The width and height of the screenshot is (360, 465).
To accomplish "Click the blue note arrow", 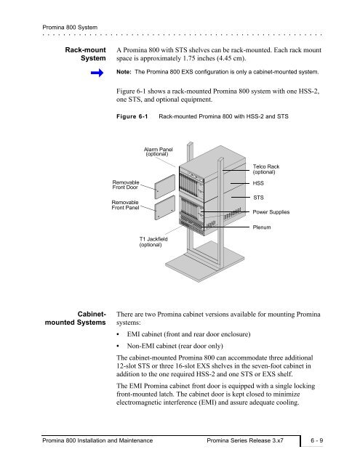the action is coord(97,73).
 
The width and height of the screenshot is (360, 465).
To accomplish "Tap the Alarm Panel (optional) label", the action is coord(158,152).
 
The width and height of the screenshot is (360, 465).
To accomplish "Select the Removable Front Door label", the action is coord(126,185).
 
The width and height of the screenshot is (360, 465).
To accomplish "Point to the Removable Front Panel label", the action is coord(125,205).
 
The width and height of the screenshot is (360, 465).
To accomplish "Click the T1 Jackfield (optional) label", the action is coord(153,242).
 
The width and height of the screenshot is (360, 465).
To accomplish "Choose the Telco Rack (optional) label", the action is coord(266,169).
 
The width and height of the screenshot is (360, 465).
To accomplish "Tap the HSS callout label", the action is coord(258,183).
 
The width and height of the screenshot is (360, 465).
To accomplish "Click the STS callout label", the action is coord(258,198).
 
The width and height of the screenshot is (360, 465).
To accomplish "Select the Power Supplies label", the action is coord(271,212).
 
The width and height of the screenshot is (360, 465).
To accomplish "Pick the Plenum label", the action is coord(262,227).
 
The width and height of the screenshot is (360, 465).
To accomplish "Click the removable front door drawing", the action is coord(164,187).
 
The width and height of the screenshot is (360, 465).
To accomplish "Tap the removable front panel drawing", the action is coord(164,208).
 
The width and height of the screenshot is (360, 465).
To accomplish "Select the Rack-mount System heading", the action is coord(86,54).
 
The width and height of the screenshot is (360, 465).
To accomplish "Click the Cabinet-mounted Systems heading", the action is coord(76,318).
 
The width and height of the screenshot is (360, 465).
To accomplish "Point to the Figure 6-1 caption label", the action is coord(132,116).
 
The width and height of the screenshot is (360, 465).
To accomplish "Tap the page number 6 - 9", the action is coord(316,440).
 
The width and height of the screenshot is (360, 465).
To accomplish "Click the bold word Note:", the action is coord(124,72).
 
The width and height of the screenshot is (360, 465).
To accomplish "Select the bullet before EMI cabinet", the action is coord(118,334).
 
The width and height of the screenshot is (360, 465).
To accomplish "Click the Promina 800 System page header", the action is coord(70,28).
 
